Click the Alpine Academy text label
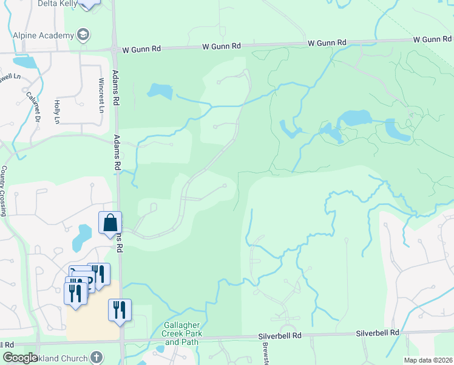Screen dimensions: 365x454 tap(44, 35)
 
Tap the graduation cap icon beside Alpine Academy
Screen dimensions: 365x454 tap(83, 34)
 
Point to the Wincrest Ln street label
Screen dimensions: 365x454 tap(101, 94)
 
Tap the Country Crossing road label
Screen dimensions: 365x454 tap(4, 191)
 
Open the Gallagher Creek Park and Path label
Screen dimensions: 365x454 tap(181, 334)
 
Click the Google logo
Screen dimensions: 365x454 tap(20, 358)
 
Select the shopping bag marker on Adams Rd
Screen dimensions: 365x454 tap(110, 223)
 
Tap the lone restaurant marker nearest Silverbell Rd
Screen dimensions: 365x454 tap(120, 310)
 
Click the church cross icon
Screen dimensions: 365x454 tap(96, 356)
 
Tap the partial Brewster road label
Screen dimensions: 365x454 tap(265, 352)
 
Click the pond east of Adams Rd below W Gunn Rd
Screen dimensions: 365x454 tap(159, 91)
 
